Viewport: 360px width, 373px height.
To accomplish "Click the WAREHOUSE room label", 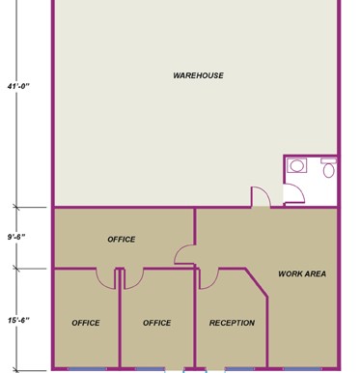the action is click(198, 75).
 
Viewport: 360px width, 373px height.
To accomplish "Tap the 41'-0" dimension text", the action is click(18, 86).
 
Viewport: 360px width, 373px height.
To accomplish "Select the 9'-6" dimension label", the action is click(16, 237).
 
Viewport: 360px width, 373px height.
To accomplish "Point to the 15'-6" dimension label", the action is click(18, 320).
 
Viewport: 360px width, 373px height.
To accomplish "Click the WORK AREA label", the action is click(302, 273).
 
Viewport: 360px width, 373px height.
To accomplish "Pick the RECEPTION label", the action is click(232, 323).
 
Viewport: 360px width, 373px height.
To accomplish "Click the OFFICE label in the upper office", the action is click(122, 240).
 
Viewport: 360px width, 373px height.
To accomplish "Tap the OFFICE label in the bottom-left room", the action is click(86, 323).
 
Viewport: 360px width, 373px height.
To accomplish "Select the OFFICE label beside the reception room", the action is click(156, 323).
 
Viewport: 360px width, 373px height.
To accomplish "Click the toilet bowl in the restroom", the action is click(328, 170).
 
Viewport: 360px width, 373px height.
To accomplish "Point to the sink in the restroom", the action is click(296, 166).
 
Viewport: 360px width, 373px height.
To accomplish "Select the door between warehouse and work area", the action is click(262, 196).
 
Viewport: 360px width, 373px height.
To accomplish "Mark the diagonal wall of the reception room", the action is click(256, 282).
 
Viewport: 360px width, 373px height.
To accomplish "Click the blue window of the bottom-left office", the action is click(87, 369).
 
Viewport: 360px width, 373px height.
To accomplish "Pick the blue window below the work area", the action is click(302, 369).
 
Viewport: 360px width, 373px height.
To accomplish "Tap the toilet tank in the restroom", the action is click(328, 160).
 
